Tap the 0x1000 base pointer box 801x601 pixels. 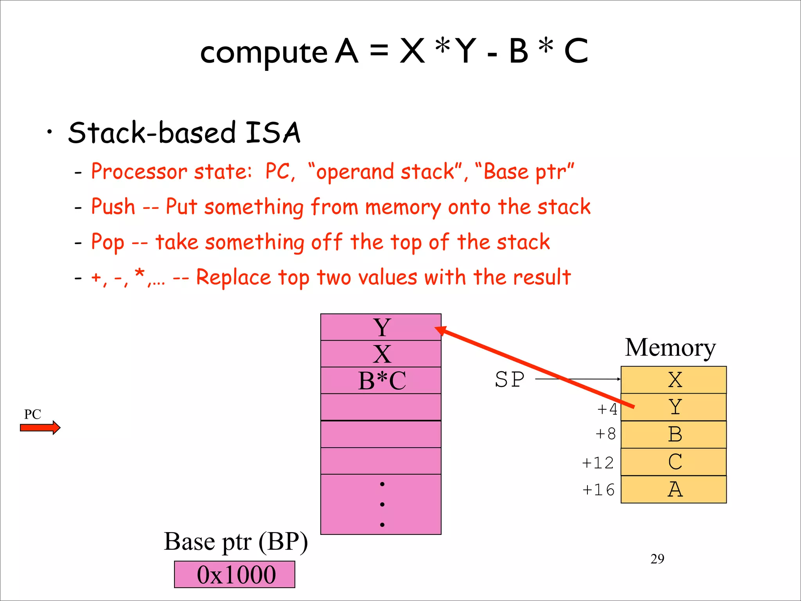(x=235, y=574)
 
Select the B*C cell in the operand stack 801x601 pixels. (x=381, y=380)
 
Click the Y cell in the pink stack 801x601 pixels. (x=381, y=327)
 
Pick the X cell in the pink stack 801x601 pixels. (x=381, y=354)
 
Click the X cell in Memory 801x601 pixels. (x=673, y=380)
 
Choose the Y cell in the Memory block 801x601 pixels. (x=673, y=407)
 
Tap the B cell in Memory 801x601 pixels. (x=673, y=434)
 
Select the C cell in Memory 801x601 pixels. (x=673, y=462)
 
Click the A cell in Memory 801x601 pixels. (x=673, y=489)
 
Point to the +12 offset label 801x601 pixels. (x=598, y=463)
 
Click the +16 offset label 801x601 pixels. (x=598, y=490)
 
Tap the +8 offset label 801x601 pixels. (x=605, y=434)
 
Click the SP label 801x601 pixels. (x=510, y=380)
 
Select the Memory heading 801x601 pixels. (x=670, y=347)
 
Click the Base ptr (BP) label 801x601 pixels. (x=236, y=542)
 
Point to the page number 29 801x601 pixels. (x=657, y=559)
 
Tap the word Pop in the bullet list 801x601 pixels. (x=108, y=243)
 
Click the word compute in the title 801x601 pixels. (x=264, y=53)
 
